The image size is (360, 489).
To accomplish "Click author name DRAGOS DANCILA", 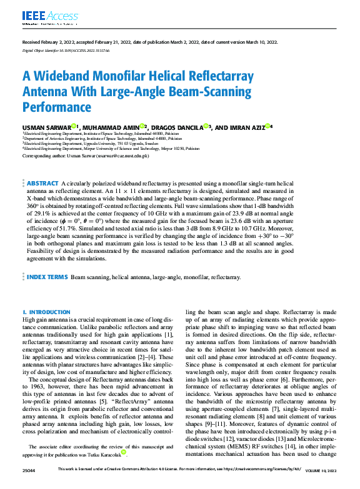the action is tap(189, 127).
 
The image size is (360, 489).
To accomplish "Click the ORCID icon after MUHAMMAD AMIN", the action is tap(161, 126).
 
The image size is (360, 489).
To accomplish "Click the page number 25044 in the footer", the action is tap(29, 485).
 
